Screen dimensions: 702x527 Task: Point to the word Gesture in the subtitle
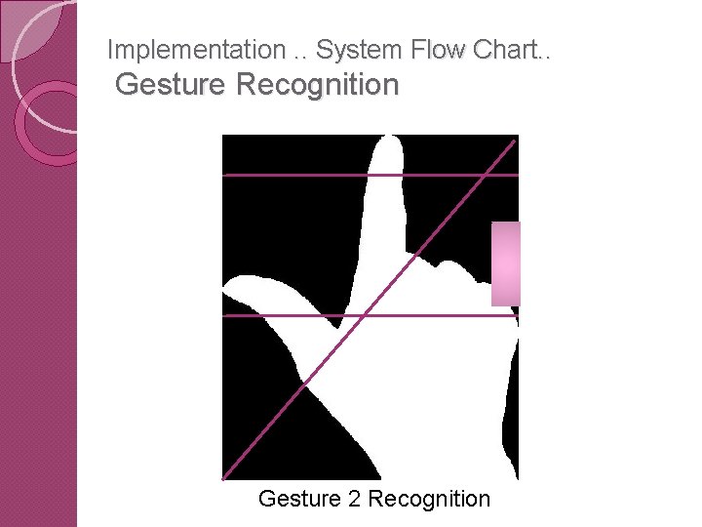coord(172,85)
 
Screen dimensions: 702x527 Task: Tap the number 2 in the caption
coord(353,499)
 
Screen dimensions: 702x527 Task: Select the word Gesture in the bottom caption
coord(299,499)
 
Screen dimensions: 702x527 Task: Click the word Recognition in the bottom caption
coord(429,499)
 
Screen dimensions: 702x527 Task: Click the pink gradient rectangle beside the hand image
coord(505,263)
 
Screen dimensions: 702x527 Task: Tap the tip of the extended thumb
coord(229,290)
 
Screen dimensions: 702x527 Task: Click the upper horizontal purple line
coord(292,175)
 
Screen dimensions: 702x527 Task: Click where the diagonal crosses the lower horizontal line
coord(363,315)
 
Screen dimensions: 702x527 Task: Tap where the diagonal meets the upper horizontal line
coord(485,175)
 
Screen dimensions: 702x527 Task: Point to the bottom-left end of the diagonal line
coord(224,478)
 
